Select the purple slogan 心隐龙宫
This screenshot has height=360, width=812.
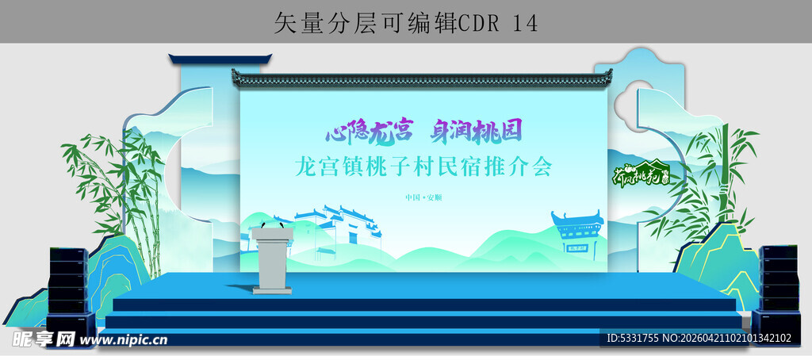[369, 128]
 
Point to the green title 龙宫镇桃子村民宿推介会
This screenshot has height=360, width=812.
[423, 167]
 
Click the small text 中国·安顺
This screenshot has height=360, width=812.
[423, 197]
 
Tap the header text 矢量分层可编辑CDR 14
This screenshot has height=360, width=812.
[405, 23]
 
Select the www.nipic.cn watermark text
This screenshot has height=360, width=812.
[123, 339]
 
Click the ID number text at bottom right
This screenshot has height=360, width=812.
[699, 339]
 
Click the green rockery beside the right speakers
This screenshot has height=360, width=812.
[718, 254]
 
